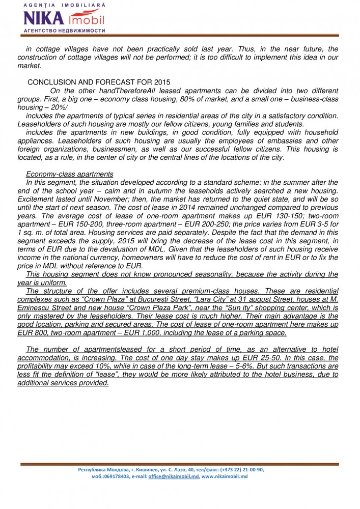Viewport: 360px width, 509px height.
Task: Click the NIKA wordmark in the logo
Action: click(x=44, y=19)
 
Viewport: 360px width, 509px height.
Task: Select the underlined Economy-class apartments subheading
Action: click(x=69, y=174)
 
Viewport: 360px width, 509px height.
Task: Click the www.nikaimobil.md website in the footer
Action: click(x=227, y=477)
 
